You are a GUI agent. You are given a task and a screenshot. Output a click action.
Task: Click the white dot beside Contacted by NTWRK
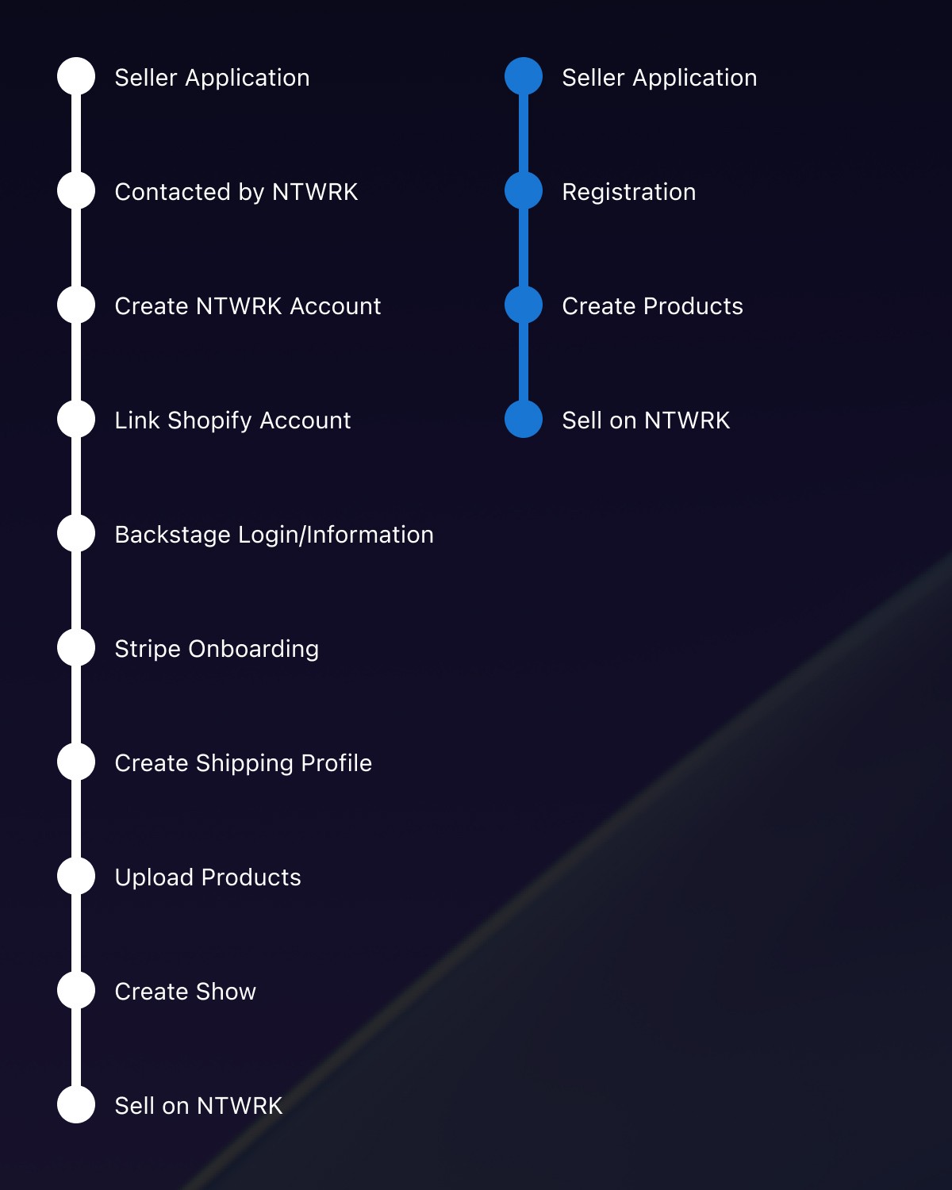pyautogui.click(x=76, y=190)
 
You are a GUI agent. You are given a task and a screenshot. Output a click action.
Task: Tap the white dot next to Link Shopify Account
pyautogui.click(x=76, y=419)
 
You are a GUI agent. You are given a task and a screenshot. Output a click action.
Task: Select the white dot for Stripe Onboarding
pyautogui.click(x=76, y=647)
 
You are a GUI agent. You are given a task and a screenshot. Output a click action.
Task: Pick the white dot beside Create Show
pyautogui.click(x=76, y=990)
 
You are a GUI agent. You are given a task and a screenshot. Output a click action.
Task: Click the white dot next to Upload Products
pyautogui.click(x=76, y=876)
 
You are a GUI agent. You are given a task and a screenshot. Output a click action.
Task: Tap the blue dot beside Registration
pyautogui.click(x=524, y=190)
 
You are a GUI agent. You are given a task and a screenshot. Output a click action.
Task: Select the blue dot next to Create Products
pyautogui.click(x=524, y=305)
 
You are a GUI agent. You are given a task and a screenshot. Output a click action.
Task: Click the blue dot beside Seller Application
pyautogui.click(x=524, y=76)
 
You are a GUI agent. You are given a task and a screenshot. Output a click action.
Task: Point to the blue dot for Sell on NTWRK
pyautogui.click(x=524, y=419)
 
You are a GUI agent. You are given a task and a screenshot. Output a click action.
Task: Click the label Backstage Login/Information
pyautogui.click(x=274, y=535)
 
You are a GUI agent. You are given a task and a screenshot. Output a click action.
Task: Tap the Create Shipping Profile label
pyautogui.click(x=243, y=763)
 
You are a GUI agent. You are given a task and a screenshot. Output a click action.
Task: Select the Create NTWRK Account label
pyautogui.click(x=248, y=306)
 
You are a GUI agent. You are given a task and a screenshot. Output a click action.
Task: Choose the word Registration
pyautogui.click(x=628, y=192)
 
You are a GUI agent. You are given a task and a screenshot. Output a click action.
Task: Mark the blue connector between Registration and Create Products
pyautogui.click(x=524, y=248)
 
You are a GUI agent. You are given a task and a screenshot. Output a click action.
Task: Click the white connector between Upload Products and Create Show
pyautogui.click(x=76, y=933)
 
